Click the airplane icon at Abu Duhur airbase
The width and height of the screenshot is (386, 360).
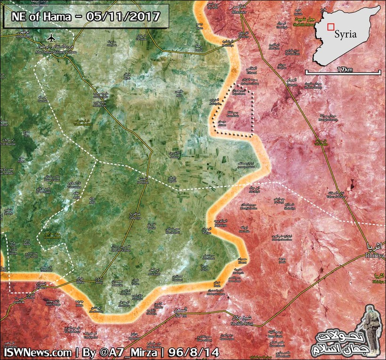(50, 38)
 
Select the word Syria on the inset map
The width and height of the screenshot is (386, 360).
(346, 34)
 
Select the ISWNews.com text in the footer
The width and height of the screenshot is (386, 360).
(37, 352)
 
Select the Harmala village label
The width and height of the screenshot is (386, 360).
(43, 100)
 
